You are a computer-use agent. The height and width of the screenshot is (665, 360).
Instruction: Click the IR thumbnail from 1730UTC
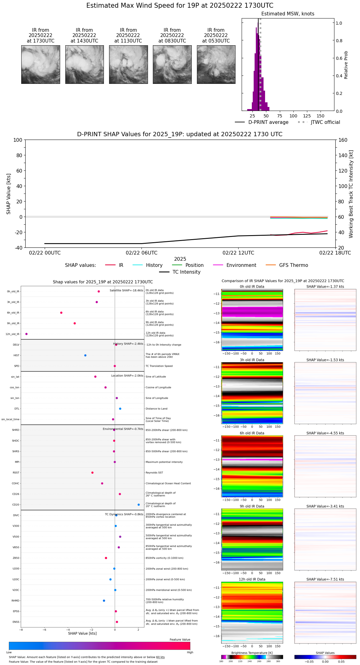click(x=40, y=64)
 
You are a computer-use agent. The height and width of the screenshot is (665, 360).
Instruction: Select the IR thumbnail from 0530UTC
click(x=216, y=64)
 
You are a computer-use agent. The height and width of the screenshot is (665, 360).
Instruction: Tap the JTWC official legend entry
click(x=319, y=122)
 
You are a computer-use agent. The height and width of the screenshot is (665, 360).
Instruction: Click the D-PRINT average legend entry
click(x=262, y=122)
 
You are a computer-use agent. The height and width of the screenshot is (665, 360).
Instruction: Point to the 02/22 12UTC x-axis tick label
click(x=238, y=253)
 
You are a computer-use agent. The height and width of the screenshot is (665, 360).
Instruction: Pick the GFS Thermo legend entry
click(x=287, y=265)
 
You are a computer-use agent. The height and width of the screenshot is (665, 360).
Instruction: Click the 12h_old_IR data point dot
click(x=27, y=334)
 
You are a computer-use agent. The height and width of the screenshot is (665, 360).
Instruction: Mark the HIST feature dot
click(x=85, y=355)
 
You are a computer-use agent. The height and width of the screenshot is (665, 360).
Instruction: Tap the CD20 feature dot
click(x=139, y=505)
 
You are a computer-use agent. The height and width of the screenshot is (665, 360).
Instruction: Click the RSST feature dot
click(x=92, y=473)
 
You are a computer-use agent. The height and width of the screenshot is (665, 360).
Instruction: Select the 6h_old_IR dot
click(x=61, y=313)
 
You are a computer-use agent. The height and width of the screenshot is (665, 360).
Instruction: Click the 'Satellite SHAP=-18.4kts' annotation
click(x=126, y=290)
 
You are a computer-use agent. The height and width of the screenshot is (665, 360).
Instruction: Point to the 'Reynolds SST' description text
click(x=154, y=473)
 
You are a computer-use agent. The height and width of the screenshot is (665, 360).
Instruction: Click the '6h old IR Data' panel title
click(x=252, y=433)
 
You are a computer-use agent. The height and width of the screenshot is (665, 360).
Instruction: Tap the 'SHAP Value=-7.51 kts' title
click(x=325, y=579)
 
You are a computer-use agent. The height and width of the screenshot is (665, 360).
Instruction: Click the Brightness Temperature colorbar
click(x=252, y=657)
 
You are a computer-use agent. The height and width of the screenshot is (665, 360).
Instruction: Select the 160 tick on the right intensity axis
click(x=343, y=140)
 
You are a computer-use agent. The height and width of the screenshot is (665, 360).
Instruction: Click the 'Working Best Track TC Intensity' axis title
click(x=351, y=194)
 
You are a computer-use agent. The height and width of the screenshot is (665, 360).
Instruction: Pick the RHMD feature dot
click(x=104, y=601)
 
